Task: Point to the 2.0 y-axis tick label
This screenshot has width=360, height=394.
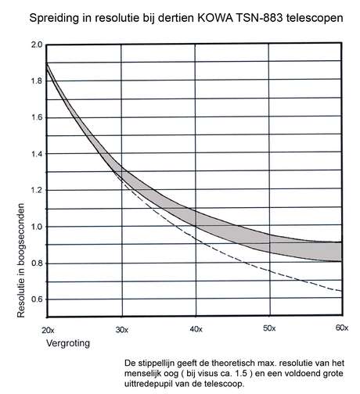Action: pyautogui.click(x=37, y=45)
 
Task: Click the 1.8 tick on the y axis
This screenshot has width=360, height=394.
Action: pyautogui.click(x=37, y=81)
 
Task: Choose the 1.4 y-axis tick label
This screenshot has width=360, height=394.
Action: pyautogui.click(x=37, y=154)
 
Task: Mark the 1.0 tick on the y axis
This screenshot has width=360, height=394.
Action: pyautogui.click(x=37, y=227)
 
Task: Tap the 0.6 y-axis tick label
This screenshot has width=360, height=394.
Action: pyautogui.click(x=37, y=299)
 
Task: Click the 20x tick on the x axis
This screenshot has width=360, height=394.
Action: pyautogui.click(x=48, y=331)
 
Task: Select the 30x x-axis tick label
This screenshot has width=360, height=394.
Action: pyautogui.click(x=122, y=330)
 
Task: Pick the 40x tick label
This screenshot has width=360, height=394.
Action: pyautogui.click(x=196, y=329)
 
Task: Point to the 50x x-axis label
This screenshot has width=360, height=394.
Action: pyautogui.click(x=269, y=328)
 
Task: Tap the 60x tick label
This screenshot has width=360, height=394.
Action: pyautogui.click(x=342, y=328)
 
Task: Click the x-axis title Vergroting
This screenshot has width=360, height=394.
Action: pyautogui.click(x=68, y=343)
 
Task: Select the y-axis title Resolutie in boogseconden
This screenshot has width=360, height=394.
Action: pyautogui.click(x=20, y=260)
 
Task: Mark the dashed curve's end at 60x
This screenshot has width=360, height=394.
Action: pyautogui.click(x=341, y=291)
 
